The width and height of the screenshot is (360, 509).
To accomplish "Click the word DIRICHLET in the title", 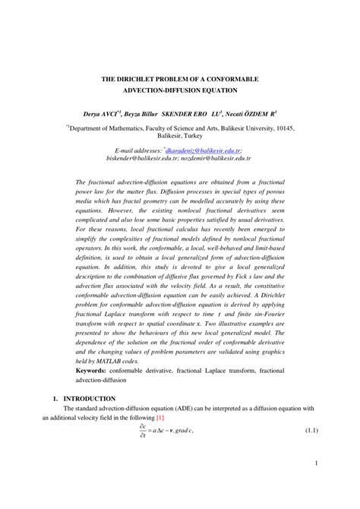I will [x=145, y=79].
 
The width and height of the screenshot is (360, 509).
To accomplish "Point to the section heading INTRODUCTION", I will [x=90, y=398].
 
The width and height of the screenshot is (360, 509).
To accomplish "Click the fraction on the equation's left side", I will [x=142, y=432].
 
